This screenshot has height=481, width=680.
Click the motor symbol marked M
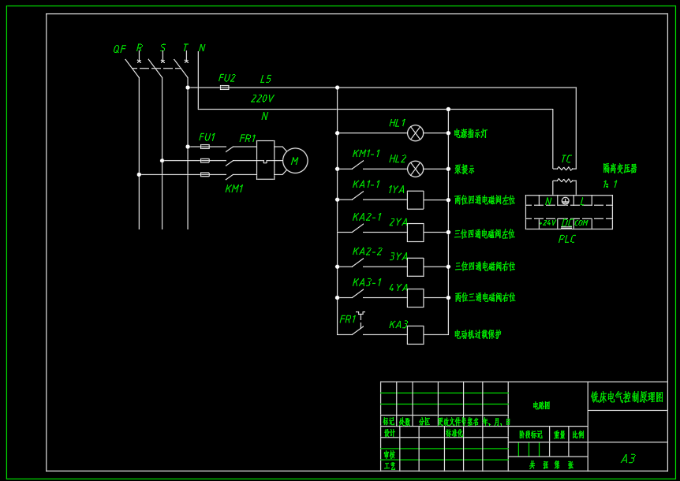coord(295,161)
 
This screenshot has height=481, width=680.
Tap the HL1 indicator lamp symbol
coord(415,133)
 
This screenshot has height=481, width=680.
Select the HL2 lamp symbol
coord(415,169)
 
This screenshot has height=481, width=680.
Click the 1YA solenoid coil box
coord(415,200)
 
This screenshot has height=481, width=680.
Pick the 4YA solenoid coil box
coord(415,298)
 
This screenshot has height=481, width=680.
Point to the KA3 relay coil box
coord(415,335)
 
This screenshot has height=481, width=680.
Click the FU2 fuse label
coord(227,78)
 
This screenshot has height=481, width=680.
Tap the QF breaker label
coord(119,49)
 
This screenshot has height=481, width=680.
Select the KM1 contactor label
coord(234,188)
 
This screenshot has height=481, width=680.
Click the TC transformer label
coord(566,159)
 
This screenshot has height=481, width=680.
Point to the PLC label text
coord(566,239)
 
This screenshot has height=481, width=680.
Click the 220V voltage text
coord(262,99)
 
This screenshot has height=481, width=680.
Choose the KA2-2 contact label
coord(367,252)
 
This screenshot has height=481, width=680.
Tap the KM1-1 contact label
coord(366,154)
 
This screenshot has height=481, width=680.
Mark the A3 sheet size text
coord(628,459)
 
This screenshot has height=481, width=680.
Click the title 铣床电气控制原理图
coord(627,397)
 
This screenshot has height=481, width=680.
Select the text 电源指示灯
coord(470,134)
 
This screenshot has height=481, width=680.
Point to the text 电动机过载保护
coord(477,334)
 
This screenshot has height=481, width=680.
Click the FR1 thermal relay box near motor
coord(265,160)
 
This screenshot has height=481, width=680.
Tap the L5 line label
coord(265,80)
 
